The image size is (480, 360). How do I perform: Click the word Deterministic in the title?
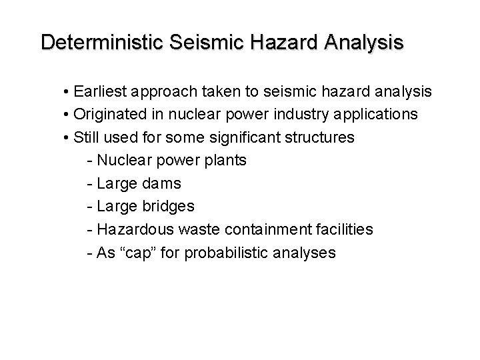click(x=103, y=43)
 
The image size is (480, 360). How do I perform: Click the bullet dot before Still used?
click(x=68, y=137)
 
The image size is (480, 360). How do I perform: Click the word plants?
click(x=225, y=161)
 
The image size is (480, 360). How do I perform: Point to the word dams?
click(x=159, y=183)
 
